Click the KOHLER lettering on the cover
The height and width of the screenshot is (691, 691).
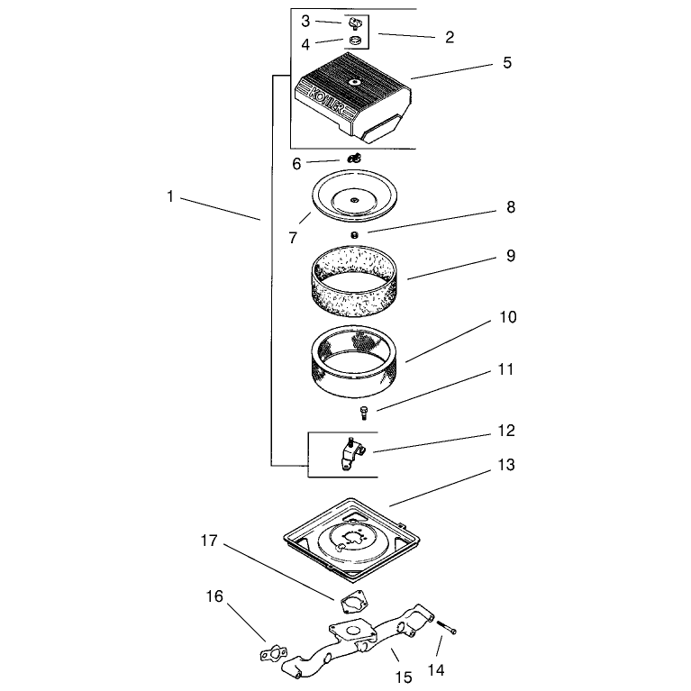click(x=326, y=102)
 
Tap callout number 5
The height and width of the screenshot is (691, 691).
click(x=507, y=62)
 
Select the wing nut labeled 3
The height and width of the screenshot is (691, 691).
click(x=352, y=23)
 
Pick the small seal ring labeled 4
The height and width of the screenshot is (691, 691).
click(x=354, y=41)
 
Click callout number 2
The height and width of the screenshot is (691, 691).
click(x=450, y=37)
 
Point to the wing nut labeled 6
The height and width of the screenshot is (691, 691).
click(x=354, y=158)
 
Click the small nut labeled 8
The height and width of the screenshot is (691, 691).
click(x=354, y=235)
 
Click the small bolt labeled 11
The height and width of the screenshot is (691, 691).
click(x=364, y=413)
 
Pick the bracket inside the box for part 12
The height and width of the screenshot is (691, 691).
click(x=351, y=453)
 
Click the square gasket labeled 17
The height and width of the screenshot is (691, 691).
click(x=354, y=602)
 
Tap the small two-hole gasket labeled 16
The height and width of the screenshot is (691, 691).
click(x=273, y=654)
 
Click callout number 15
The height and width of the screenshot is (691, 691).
click(x=404, y=677)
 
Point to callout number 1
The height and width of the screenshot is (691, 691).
click(x=170, y=196)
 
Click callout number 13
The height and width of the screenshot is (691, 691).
click(x=506, y=466)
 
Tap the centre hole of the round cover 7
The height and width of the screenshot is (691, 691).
click(x=354, y=201)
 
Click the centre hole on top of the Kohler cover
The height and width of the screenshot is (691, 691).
click(x=354, y=81)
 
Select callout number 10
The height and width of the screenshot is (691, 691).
click(x=508, y=317)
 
